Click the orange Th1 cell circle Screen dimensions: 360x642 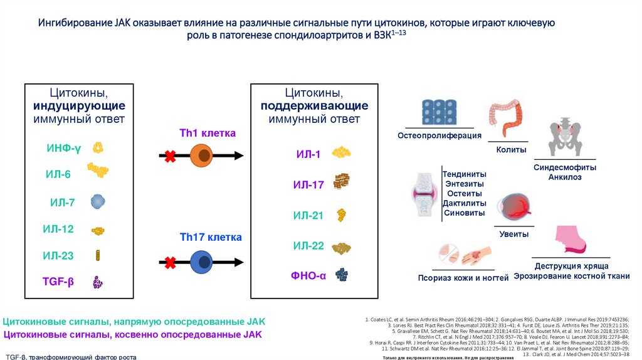coord(203,156)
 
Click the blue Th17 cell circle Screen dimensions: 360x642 coord(203,262)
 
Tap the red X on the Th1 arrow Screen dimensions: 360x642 coord(169,157)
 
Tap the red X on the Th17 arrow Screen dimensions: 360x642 coord(169,262)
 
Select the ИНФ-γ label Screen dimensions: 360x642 coord(63,149)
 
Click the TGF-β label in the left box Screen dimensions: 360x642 coord(58,282)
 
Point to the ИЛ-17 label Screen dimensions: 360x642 coord(308,184)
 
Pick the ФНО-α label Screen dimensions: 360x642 coord(308,275)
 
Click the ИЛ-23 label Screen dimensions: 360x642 coord(58,255)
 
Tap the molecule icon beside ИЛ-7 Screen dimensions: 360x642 coord(98,201)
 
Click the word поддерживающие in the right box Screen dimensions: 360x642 coord(314,105)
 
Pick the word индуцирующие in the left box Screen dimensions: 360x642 coord(88,105)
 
